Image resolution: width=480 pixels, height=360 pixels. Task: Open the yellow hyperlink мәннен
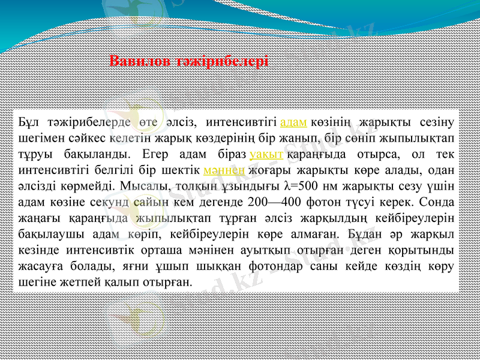click(x=224, y=169)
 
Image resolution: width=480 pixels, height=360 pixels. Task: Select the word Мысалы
click(x=146, y=185)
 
